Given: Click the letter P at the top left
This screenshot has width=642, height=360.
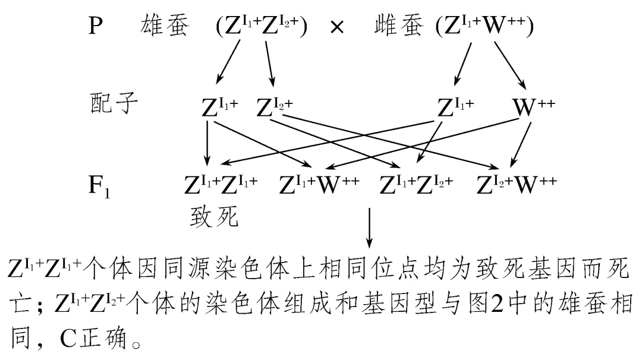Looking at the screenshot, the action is tap(95, 27).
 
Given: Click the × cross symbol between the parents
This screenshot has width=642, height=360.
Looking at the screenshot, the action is tap(336, 28).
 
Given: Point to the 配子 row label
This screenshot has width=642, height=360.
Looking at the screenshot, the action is tap(111, 105).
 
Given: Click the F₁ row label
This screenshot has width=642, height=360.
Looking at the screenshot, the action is tap(98, 185).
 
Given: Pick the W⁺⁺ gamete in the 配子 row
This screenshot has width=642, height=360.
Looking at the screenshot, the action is tap(534, 107).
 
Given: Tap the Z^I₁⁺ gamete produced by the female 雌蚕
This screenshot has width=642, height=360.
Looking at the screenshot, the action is tap(455, 107).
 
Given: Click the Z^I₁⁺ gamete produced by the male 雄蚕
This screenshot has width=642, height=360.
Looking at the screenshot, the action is tap(221, 107).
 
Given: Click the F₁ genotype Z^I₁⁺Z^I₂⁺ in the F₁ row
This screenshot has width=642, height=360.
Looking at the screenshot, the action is tap(416, 185).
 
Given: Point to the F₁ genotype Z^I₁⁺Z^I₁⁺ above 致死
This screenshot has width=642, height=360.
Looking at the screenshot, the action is tap(220, 185).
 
